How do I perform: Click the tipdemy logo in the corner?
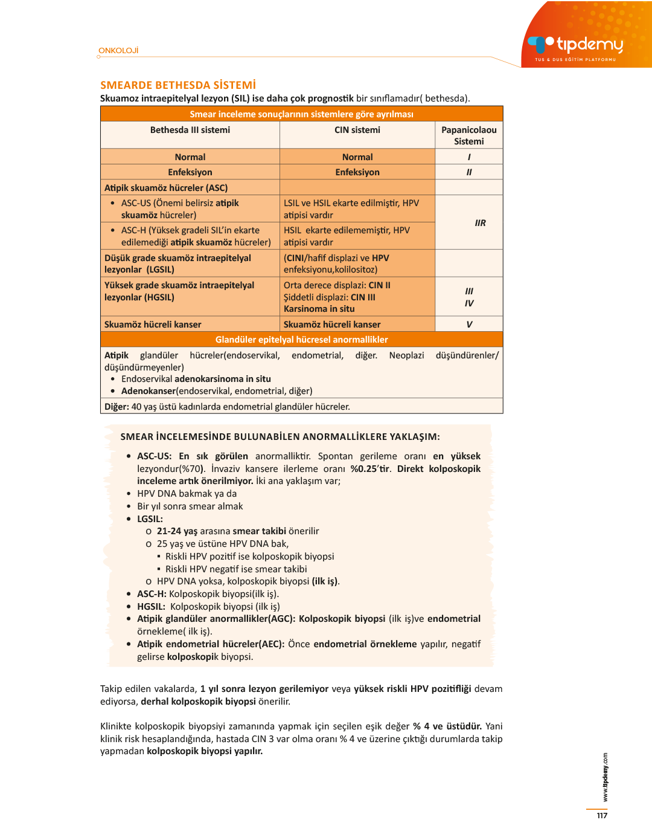point(577,45)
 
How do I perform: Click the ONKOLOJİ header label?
point(119,51)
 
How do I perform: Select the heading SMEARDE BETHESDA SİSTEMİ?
point(178,85)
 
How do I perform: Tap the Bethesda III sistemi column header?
point(190,130)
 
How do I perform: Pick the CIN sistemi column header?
point(357,130)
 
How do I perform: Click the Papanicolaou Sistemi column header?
point(469,135)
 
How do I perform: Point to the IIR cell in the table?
point(480,223)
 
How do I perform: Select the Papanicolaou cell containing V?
point(469,325)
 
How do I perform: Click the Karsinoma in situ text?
point(319,309)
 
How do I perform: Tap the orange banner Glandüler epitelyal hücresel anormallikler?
point(301,340)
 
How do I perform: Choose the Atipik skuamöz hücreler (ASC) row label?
point(166,188)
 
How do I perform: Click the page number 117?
point(602,816)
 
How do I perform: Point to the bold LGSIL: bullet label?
point(150,519)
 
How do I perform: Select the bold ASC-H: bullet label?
point(152,594)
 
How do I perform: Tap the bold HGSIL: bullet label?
point(151,607)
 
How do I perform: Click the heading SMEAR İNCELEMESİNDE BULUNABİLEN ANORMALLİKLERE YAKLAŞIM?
point(280,437)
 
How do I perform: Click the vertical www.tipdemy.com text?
point(605,778)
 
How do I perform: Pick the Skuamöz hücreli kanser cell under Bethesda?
point(153,325)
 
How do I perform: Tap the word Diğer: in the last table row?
point(117,407)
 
